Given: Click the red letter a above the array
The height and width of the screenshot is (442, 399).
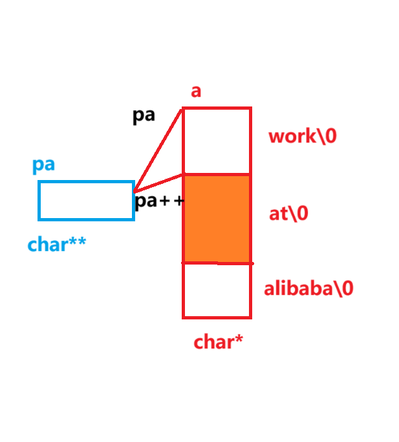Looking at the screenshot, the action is [196, 92].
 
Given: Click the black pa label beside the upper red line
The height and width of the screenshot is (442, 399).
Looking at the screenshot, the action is [144, 116].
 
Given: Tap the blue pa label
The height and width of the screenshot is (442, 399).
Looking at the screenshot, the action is [43, 165].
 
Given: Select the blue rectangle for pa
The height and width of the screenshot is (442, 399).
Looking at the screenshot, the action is [86, 201].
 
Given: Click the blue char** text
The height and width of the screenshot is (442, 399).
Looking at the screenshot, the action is [57, 245].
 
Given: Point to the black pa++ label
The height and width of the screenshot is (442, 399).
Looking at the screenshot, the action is [159, 201].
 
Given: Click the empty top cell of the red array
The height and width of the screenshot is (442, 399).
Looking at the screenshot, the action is [217, 141].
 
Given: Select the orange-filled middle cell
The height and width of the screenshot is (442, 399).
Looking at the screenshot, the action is [217, 218].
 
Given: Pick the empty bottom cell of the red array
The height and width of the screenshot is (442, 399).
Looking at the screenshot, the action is [217, 290].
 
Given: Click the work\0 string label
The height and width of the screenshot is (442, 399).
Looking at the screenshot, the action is [302, 137].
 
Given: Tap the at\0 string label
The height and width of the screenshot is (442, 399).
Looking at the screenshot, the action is [288, 214].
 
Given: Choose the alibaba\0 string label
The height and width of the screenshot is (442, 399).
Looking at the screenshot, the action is [308, 288].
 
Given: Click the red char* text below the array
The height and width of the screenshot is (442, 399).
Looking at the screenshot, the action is [218, 342].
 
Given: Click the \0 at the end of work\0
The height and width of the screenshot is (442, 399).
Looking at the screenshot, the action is [326, 137].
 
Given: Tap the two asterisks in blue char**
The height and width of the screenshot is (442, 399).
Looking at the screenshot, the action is [78, 243].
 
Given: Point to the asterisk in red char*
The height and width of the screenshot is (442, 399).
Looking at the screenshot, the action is [238, 339].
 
